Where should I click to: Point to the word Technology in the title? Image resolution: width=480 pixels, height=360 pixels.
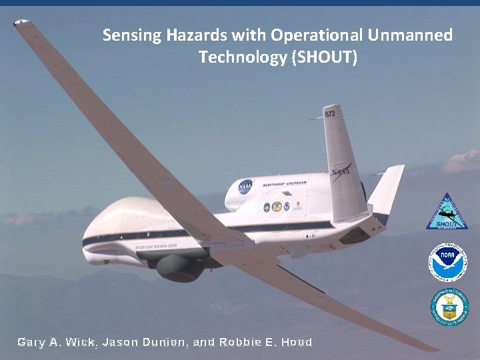pos(242,57)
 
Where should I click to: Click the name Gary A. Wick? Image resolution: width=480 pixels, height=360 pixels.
pos(57,343)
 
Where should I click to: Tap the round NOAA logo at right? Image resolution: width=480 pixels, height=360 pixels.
pos(448,262)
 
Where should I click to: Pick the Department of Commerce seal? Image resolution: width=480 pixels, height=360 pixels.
pos(449,307)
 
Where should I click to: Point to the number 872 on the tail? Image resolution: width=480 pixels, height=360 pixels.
pos(330,114)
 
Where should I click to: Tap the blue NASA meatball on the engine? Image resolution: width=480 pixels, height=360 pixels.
pos(245,186)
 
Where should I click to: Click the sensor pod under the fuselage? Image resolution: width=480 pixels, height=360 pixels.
pos(179,266)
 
